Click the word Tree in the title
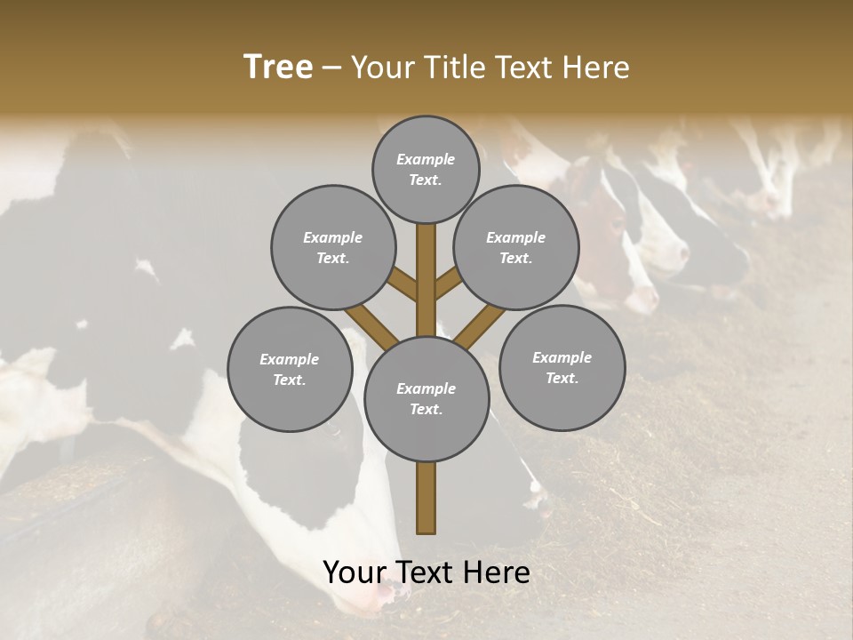coord(278,68)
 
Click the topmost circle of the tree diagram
coord(426,169)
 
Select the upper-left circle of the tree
coord(333,247)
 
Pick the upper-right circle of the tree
coord(516,247)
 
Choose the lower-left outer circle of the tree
coord(290,369)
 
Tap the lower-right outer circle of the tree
coord(562,367)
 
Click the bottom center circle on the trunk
coord(426,398)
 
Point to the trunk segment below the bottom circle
coord(426,498)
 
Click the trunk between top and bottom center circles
coord(426,280)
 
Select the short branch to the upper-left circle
coord(403,284)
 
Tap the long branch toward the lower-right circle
coord(481,327)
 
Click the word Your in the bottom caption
coord(355,572)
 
